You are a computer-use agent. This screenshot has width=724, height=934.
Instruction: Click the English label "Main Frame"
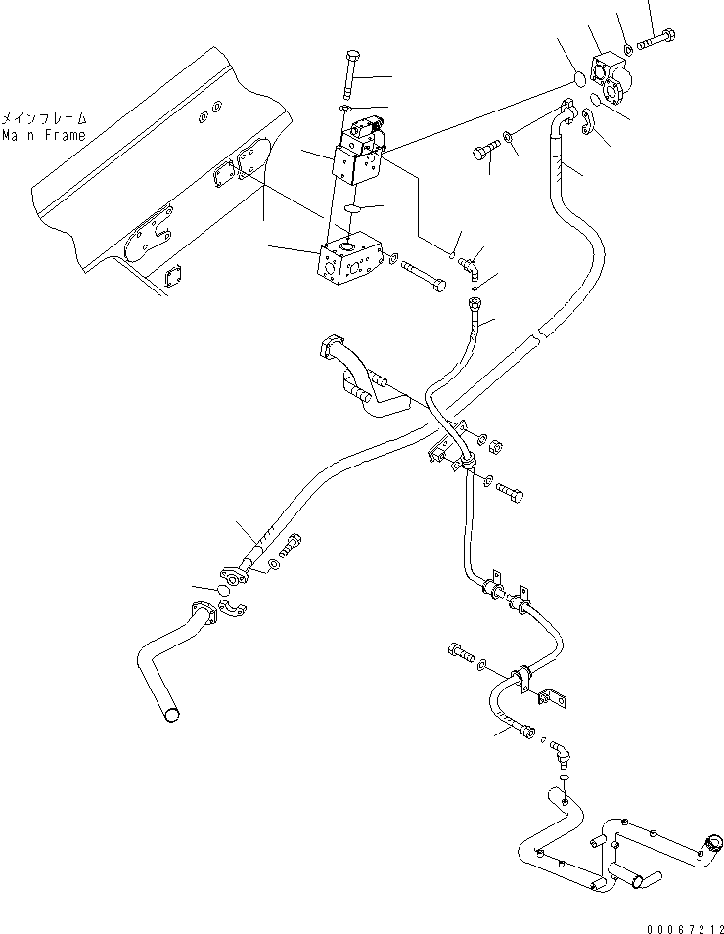coord(43,135)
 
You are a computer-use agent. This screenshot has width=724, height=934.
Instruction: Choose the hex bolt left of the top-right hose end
coord(483,152)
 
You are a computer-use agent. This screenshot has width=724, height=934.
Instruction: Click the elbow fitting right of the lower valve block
coord(472,262)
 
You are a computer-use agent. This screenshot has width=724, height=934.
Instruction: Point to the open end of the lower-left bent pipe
coord(172,715)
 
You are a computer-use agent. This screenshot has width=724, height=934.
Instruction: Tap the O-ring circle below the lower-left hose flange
coord(224,593)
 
